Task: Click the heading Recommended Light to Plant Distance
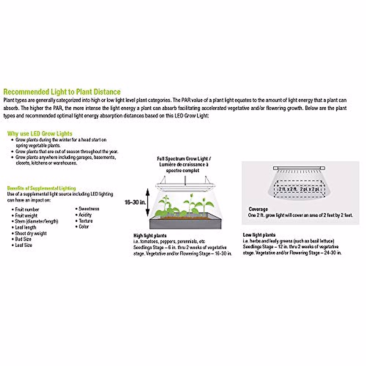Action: click(62, 92)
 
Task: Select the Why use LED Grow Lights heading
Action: click(40, 134)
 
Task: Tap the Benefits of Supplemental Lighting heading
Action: click(41, 188)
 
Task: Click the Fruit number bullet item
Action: click(27, 210)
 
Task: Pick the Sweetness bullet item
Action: click(89, 209)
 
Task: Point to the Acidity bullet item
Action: click(85, 215)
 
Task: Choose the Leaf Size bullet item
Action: click(23, 245)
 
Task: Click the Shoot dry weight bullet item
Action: click(31, 233)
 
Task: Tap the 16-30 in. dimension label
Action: click(135, 202)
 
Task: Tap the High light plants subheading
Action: click(150, 235)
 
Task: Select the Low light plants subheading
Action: click(259, 235)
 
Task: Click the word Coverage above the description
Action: click(258, 209)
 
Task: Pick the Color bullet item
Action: click(84, 227)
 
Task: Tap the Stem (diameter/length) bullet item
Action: click(36, 221)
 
